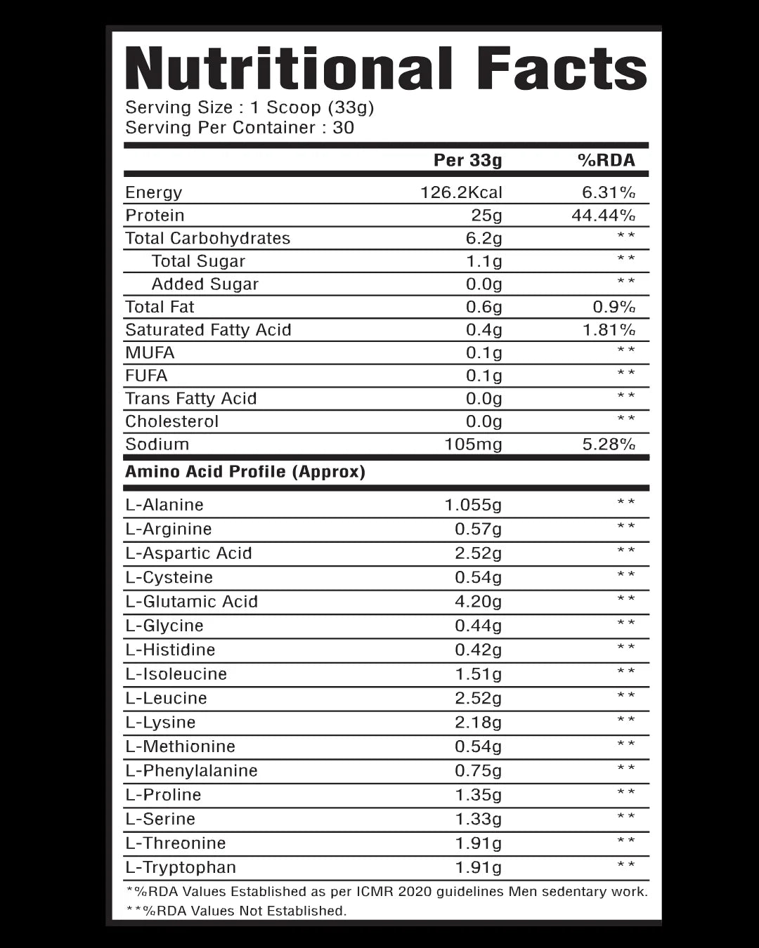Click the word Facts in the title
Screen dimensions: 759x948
561,69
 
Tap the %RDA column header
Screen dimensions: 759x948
606,160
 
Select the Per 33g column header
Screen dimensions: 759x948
467,160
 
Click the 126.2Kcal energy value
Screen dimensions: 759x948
461,192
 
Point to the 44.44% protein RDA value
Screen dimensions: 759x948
603,215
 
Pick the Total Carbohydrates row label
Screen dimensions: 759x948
207,238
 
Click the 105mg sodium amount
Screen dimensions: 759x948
473,444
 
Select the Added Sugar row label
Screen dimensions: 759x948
205,284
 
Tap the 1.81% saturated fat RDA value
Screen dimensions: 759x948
609,329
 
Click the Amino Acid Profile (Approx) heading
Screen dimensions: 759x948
245,471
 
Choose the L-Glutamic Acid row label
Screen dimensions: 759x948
191,601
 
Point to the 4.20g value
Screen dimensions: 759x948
478,601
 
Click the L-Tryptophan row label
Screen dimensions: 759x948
181,867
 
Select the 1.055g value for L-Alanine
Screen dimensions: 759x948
473,505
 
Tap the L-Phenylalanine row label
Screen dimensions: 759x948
191,770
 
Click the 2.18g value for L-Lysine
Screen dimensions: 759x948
478,722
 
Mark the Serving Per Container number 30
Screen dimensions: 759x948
344,128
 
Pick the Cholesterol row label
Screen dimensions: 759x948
171,421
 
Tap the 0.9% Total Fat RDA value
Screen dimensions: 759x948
614,307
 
